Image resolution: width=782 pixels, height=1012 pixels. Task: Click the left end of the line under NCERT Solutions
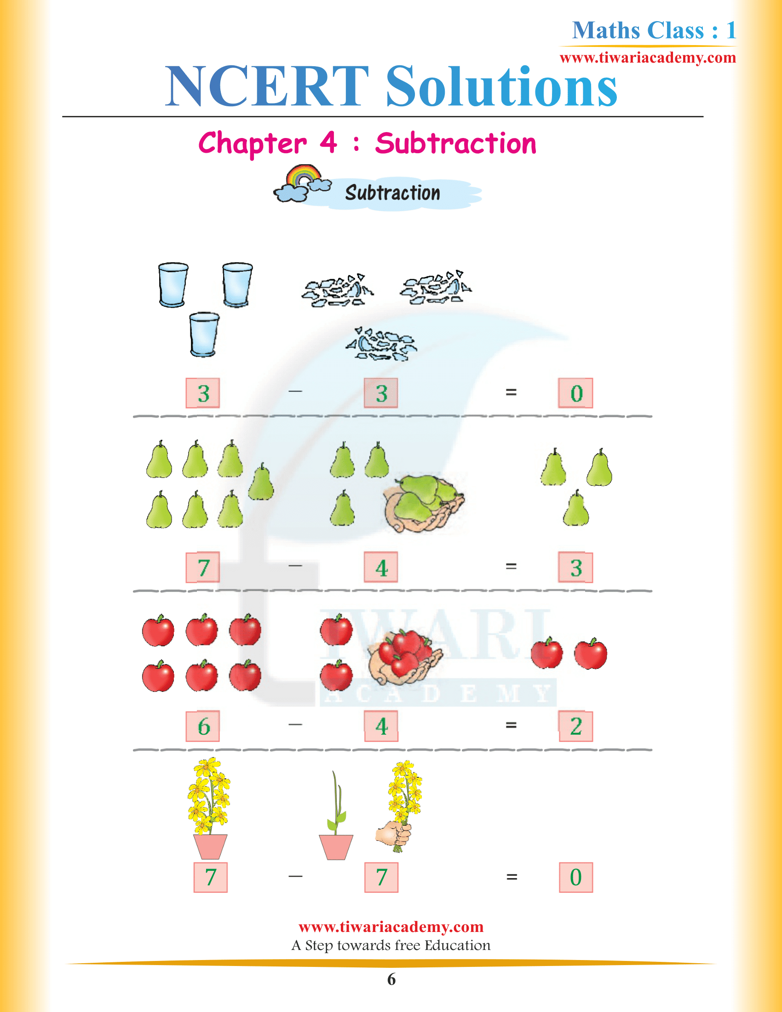tap(63, 117)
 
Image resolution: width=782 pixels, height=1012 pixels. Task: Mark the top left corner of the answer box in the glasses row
tap(559, 379)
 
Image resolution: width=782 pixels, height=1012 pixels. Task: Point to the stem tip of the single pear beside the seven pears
tap(262, 463)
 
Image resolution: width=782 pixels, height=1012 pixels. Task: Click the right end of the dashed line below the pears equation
tap(652, 591)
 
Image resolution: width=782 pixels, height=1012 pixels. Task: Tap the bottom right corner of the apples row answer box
tap(592, 741)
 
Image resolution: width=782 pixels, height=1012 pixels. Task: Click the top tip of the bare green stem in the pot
tap(333, 771)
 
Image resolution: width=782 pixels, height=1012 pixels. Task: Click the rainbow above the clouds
tap(304, 175)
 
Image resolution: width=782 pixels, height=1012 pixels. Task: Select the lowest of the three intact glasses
tap(204, 334)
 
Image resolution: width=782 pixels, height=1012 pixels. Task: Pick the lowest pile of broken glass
tap(381, 344)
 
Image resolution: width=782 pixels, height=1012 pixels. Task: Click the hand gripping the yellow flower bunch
tap(393, 834)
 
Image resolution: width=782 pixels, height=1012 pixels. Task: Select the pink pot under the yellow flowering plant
tap(210, 846)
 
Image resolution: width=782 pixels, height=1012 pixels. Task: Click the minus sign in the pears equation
tap(295, 566)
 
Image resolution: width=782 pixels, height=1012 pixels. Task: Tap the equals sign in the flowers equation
tap(512, 877)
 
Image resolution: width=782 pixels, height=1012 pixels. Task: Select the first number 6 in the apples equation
tap(203, 726)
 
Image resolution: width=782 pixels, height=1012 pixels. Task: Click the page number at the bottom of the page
tap(391, 979)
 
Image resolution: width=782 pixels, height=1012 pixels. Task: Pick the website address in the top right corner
tap(648, 57)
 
